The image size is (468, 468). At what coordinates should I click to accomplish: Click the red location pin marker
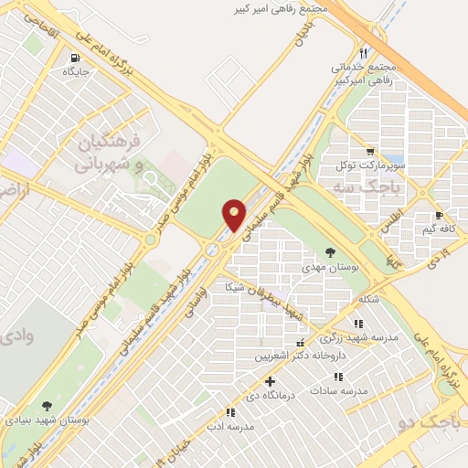point(235,215)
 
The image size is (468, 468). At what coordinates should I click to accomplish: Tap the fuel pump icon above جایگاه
point(72,56)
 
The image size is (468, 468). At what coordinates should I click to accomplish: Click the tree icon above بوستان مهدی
point(330,252)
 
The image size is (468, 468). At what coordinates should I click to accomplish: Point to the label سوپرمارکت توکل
point(369,165)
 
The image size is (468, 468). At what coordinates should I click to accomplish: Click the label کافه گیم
point(440,229)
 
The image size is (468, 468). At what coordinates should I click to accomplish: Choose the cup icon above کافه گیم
point(440,217)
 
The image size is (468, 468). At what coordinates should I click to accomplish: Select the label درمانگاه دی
point(269,395)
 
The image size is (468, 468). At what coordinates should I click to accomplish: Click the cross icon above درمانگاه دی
point(269,381)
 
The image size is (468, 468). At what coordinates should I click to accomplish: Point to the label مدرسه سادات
point(338,389)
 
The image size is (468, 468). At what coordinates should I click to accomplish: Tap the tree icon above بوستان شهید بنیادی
point(47,405)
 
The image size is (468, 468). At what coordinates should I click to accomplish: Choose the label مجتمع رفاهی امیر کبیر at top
point(278,8)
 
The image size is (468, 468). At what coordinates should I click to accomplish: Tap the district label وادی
point(19,335)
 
